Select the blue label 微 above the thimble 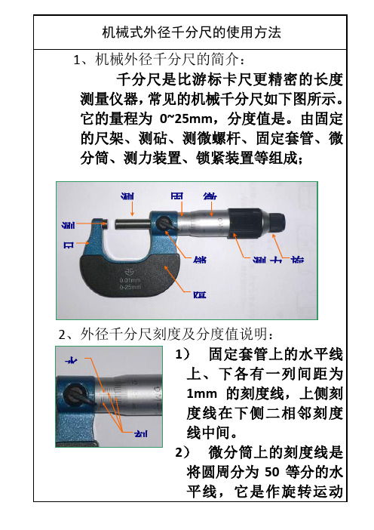(x=210, y=196)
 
